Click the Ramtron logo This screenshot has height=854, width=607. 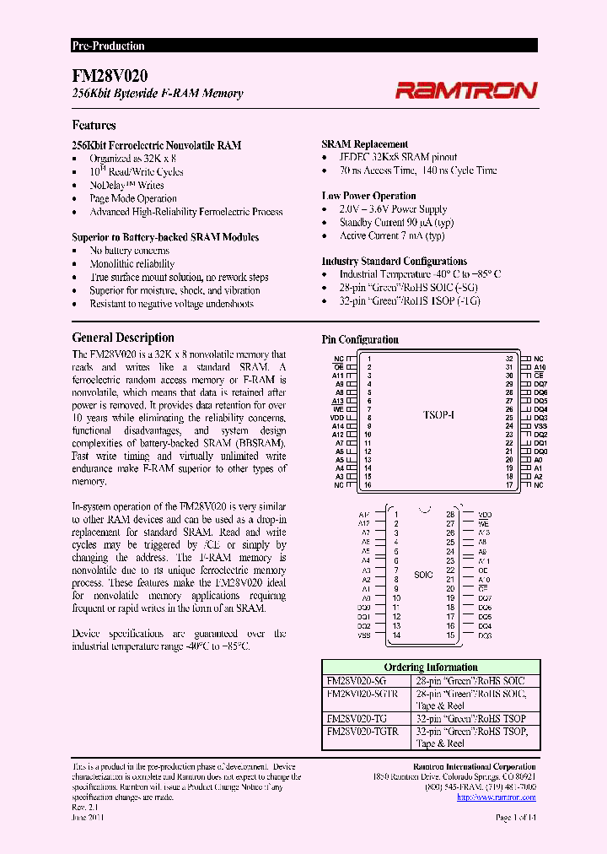(x=466, y=90)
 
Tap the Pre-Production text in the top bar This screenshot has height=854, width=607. (x=108, y=46)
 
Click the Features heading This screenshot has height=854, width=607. (x=94, y=125)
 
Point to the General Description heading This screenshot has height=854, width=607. (x=123, y=338)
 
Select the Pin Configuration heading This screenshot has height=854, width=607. (x=360, y=339)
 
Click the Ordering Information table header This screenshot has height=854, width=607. (x=430, y=667)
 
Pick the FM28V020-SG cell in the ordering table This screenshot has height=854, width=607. (x=357, y=680)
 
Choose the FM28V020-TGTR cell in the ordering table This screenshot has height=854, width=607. (x=363, y=731)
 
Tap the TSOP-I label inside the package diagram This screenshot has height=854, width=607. (x=438, y=415)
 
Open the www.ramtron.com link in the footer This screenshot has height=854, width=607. (x=508, y=797)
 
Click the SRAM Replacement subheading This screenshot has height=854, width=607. (x=365, y=144)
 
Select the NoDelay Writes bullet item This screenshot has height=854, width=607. (x=126, y=185)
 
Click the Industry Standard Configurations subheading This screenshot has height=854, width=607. (x=394, y=262)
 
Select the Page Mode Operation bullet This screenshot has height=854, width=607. (x=134, y=198)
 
